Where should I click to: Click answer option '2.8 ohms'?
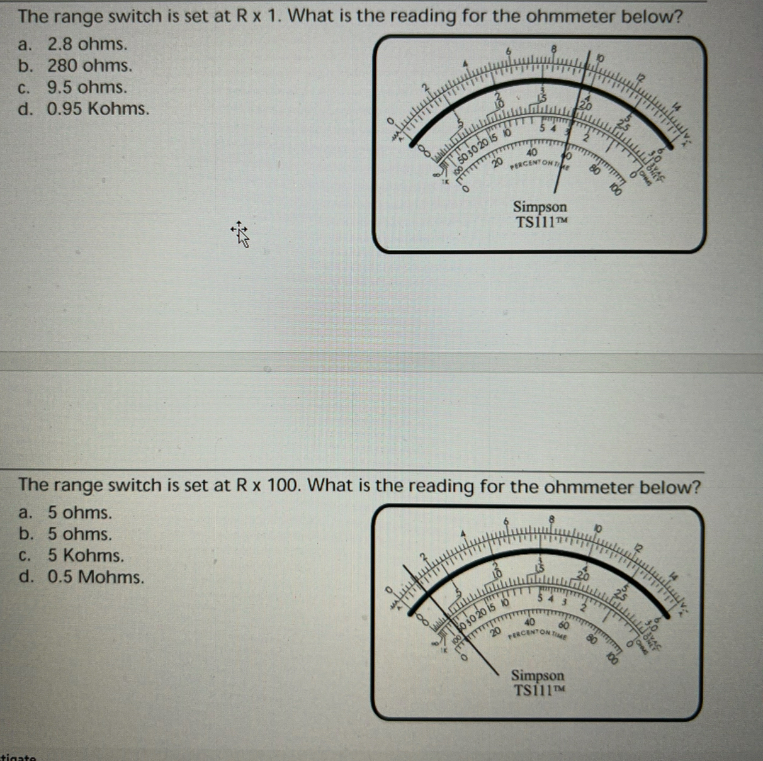coord(87,44)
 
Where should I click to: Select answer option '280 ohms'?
coord(89,65)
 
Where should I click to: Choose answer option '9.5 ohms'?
coord(87,87)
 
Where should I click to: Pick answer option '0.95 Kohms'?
coord(98,108)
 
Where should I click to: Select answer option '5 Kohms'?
coord(86,555)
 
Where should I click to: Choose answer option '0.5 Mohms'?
coord(96,577)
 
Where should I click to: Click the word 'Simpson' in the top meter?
coord(540,206)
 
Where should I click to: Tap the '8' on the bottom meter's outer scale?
coord(551,519)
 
